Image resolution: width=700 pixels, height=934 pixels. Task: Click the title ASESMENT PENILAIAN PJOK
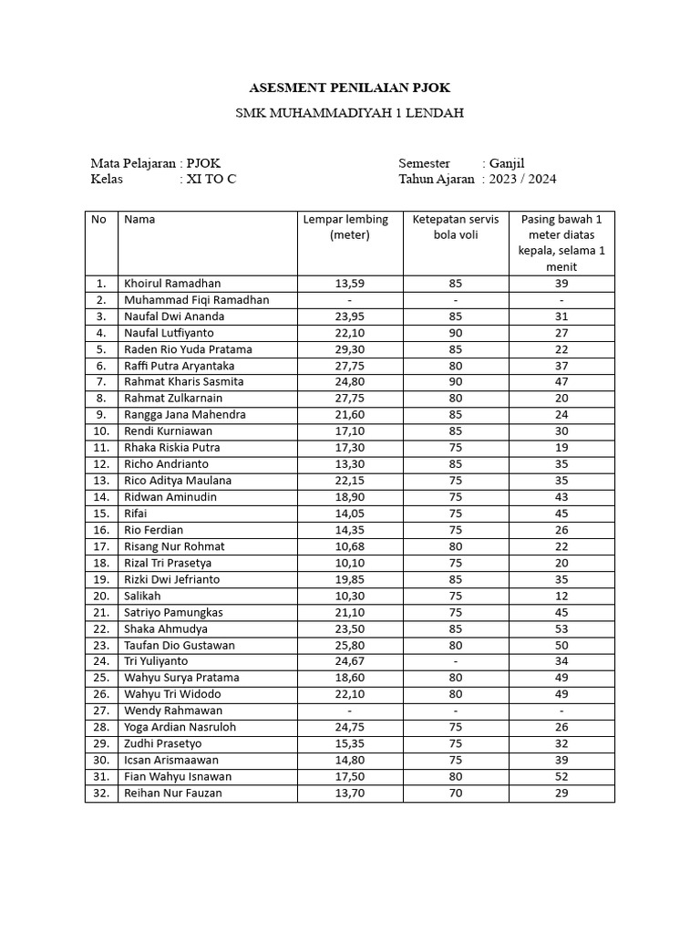point(350,88)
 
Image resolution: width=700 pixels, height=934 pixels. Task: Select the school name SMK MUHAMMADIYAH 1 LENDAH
point(350,113)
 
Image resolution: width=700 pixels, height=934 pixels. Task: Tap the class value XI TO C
point(211,179)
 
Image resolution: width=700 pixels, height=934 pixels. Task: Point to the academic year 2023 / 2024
point(522,179)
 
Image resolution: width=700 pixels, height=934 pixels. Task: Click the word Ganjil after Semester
point(507,162)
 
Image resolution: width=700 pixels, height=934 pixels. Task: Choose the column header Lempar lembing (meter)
point(345,227)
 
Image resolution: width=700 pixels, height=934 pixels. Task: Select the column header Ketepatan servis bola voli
point(456,227)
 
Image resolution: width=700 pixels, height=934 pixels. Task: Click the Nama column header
point(139,219)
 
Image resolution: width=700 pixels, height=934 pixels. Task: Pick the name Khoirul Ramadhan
point(172,284)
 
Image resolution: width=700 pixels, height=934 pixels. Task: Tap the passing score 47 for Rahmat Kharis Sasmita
point(561,382)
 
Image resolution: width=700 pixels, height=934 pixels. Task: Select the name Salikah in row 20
point(142,596)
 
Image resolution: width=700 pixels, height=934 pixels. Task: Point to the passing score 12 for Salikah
point(561,596)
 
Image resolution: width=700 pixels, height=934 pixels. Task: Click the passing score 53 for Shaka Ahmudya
point(561,628)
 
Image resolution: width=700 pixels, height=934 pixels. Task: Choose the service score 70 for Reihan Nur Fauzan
point(456,794)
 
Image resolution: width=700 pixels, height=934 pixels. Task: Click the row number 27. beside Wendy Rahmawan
point(101,711)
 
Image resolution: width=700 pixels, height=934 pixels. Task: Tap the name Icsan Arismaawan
point(170,760)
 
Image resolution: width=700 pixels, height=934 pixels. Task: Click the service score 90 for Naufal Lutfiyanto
point(456,333)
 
